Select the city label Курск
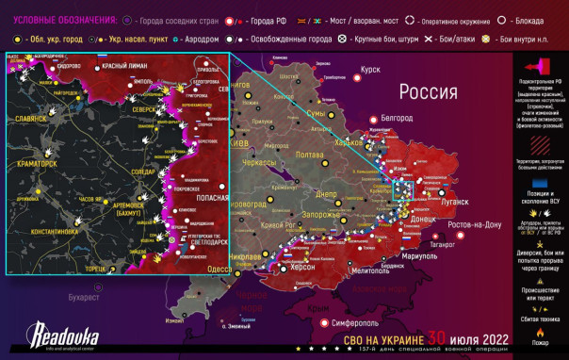pyautogui.click(x=370, y=70)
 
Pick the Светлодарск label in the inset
pyautogui.click(x=203, y=241)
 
